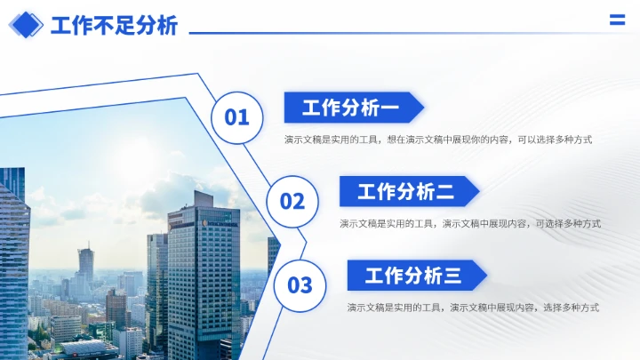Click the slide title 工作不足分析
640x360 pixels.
pos(114,25)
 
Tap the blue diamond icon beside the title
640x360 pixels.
pos(26,24)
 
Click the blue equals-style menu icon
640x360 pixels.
pos(616,21)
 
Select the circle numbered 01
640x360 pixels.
pos(236,116)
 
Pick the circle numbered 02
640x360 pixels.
pos(292,201)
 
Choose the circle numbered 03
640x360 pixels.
pos(300,284)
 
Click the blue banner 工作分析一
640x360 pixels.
pos(351,108)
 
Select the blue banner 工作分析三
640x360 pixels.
pos(413,276)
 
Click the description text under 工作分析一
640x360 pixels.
pos(438,140)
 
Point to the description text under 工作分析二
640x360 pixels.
pos(470,223)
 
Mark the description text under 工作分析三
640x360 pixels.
pos(473,308)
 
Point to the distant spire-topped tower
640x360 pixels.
pos(86,262)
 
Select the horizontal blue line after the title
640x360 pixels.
pos(391,33)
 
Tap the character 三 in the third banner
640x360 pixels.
pos(452,276)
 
